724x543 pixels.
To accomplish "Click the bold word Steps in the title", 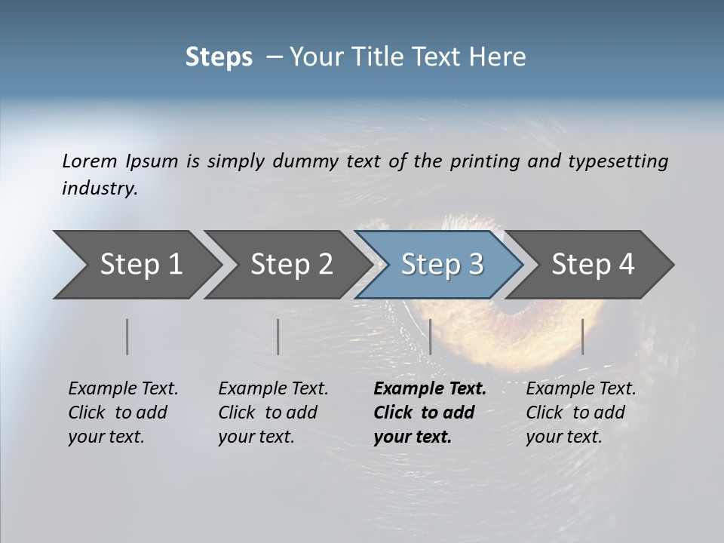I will tap(219, 57).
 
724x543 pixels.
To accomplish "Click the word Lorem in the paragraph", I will tap(90, 161).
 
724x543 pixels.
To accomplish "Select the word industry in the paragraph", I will tap(100, 189).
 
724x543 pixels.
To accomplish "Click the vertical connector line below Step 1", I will tap(127, 336).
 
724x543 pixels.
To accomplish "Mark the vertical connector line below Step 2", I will tap(278, 336).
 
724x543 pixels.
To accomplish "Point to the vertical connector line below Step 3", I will tap(430, 336).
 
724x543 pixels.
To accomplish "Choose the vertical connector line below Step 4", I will tap(582, 336).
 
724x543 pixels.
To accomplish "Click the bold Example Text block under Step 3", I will tap(430, 413).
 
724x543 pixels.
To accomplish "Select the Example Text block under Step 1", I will tap(123, 413).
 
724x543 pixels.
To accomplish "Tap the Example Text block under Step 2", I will tap(273, 413).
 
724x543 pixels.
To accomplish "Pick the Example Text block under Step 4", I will tap(581, 413).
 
